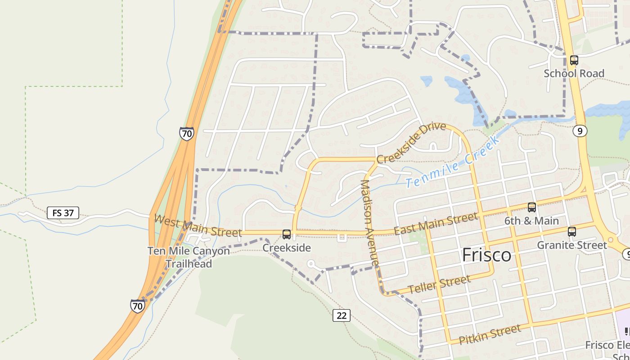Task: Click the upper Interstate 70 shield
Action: click(186, 134)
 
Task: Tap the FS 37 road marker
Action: click(63, 213)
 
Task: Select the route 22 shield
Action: click(342, 315)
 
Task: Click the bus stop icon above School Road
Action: click(574, 60)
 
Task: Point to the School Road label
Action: click(574, 73)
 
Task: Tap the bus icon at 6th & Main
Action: click(532, 207)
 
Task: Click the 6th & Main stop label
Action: click(531, 221)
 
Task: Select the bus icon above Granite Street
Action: click(572, 232)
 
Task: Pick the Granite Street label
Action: click(572, 245)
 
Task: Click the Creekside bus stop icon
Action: click(287, 234)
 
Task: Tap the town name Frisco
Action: click(487, 255)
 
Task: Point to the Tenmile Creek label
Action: click(452, 163)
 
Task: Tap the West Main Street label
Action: click(198, 226)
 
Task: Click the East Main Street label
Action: click(436, 224)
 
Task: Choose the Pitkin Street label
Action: click(490, 334)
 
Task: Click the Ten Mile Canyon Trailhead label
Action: click(189, 257)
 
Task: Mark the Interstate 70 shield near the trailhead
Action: click(138, 306)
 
